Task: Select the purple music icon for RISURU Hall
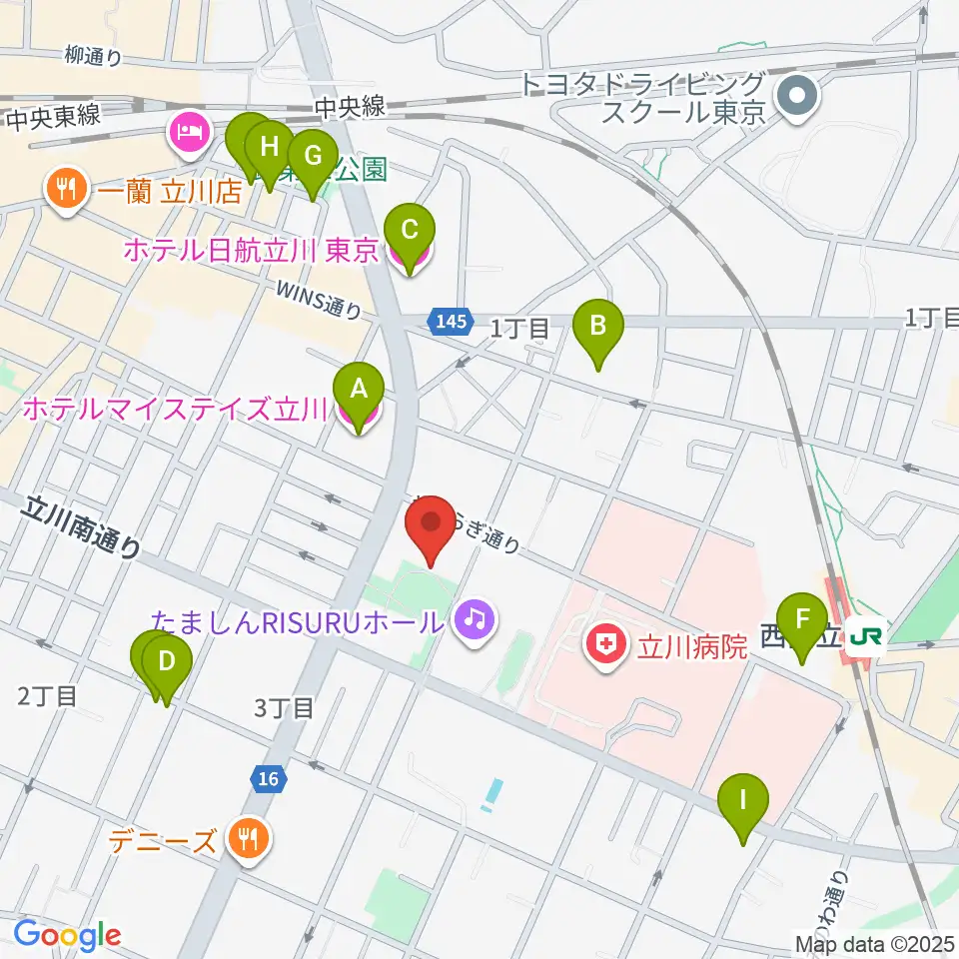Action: point(474,621)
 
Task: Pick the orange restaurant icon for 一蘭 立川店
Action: point(67,190)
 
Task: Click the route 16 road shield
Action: point(265,779)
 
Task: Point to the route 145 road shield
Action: point(450,322)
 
